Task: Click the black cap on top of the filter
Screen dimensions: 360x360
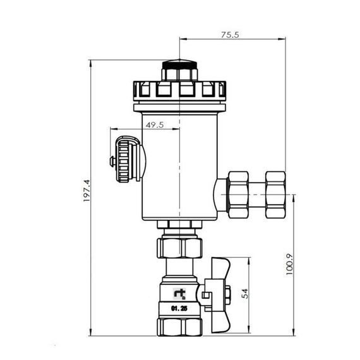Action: point(179,64)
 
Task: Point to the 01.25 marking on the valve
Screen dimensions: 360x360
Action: point(179,309)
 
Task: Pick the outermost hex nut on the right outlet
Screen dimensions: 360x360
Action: point(275,195)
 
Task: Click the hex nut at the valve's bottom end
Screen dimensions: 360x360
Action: point(179,326)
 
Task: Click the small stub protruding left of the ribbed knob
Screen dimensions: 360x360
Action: point(112,162)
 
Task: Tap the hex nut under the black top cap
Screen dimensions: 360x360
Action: point(179,75)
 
